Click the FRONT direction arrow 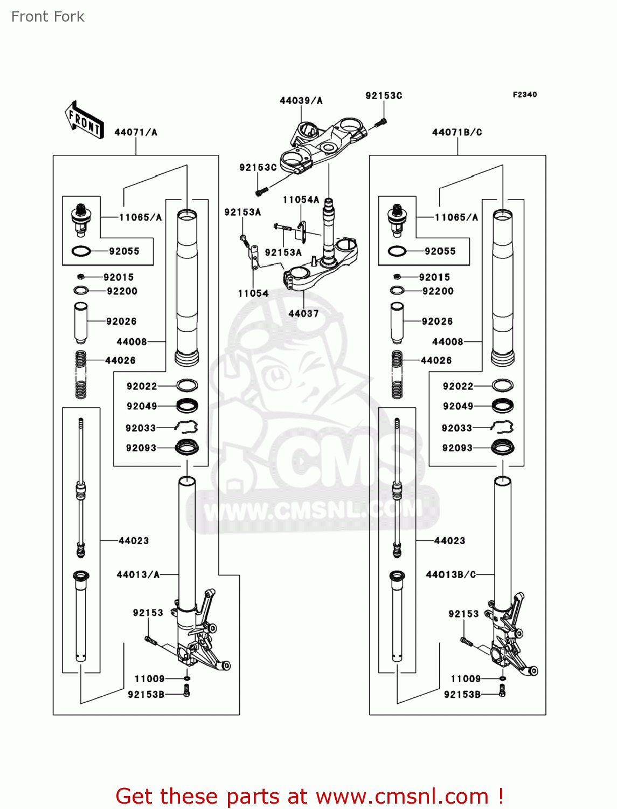point(84,120)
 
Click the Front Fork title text point(48,17)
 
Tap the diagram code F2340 point(524,94)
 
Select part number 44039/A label point(301,101)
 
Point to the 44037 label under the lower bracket point(303,313)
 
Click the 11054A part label point(301,200)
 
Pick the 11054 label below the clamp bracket point(253,293)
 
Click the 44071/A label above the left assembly point(136,132)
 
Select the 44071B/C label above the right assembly point(457,132)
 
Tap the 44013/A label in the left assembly point(138,574)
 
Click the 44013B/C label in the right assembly point(451,574)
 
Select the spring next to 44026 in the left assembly point(81,374)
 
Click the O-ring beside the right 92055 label point(397,251)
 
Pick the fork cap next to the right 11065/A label point(397,220)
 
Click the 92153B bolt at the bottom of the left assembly point(186,691)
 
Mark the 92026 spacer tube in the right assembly point(397,323)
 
